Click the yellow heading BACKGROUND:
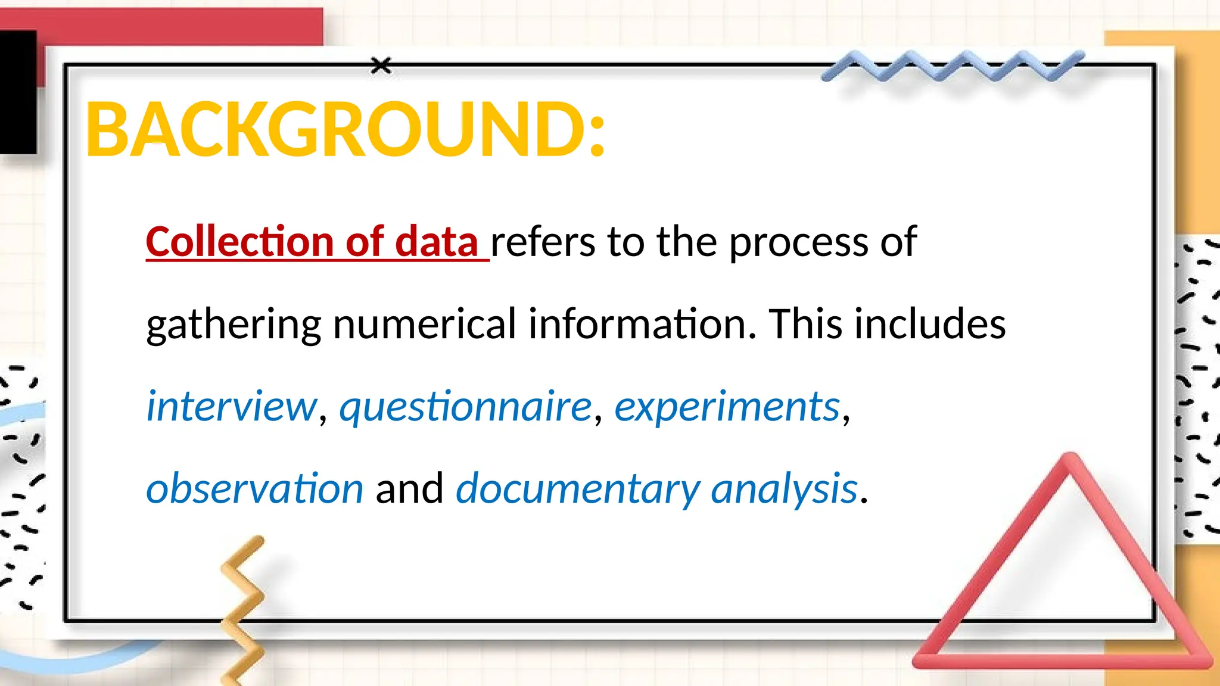pyautogui.click(x=346, y=130)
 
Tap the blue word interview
pyautogui.click(x=232, y=407)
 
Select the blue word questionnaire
pyautogui.click(x=465, y=407)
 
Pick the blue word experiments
pyautogui.click(x=727, y=407)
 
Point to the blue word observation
pyautogui.click(x=254, y=489)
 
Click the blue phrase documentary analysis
pyautogui.click(x=656, y=489)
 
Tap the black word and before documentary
pyautogui.click(x=409, y=489)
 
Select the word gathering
pyautogui.click(x=234, y=326)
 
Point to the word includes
pyautogui.click(x=930, y=325)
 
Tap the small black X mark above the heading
pyautogui.click(x=381, y=66)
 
